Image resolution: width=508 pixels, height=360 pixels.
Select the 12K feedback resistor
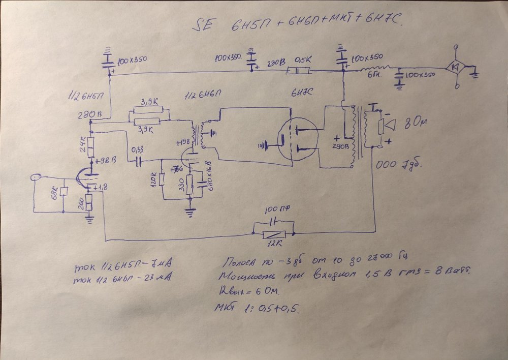pos(275,234)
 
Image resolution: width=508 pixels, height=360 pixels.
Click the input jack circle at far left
pos(35,178)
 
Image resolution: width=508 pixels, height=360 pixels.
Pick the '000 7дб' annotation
pos(398,166)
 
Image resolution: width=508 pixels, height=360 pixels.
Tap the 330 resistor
pos(188,184)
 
